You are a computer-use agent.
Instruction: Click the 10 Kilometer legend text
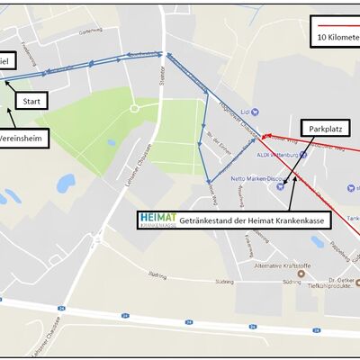(337, 39)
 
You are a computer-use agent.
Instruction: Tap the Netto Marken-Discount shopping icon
(282, 187)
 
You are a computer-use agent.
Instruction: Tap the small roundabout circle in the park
(134, 108)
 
